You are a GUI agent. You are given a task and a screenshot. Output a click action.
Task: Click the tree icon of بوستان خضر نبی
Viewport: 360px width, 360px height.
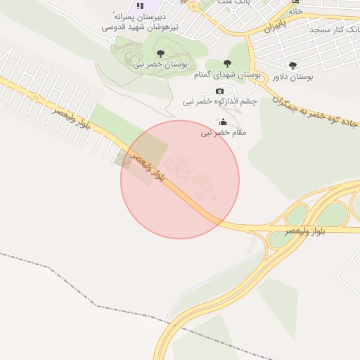point(160,53)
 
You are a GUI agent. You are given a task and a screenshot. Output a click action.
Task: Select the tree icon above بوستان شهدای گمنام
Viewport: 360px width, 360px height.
point(226,64)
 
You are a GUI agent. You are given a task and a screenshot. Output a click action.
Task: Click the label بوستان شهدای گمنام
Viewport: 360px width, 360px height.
point(226,74)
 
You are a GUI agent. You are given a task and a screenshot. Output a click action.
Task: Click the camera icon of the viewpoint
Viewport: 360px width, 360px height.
point(220,91)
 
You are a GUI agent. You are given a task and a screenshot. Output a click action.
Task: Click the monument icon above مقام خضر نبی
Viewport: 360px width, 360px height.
point(224,122)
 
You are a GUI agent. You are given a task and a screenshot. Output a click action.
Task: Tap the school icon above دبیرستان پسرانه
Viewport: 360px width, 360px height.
point(140,6)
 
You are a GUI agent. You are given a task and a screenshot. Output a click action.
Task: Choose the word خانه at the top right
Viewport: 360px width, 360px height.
point(295,11)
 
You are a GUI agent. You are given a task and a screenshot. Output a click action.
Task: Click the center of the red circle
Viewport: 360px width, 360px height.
point(180,179)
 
